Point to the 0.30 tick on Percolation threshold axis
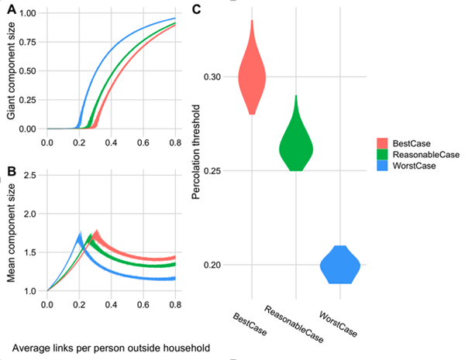220,77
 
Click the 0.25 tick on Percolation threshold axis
220,170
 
